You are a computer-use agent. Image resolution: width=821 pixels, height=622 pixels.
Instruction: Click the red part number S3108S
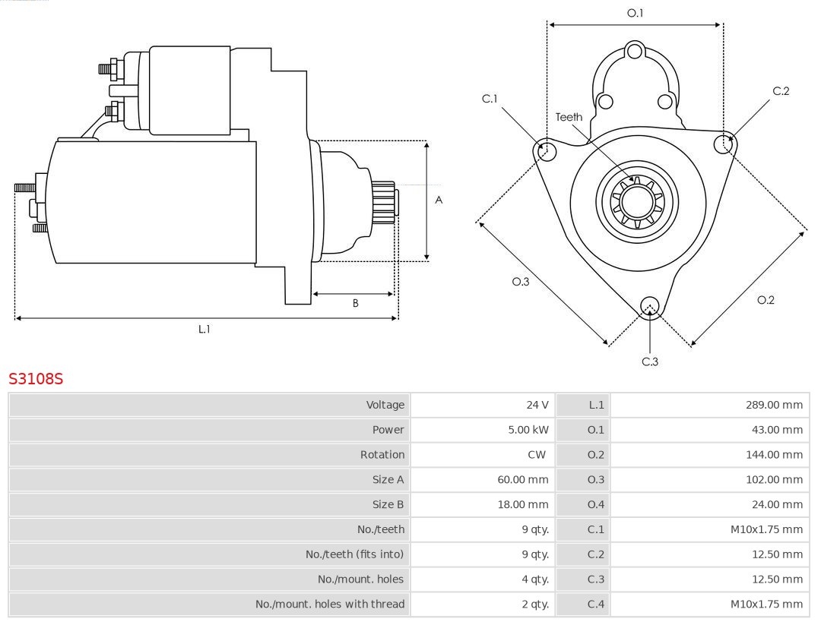click(36, 378)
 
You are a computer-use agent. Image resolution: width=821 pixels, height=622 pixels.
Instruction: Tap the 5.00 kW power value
click(528, 430)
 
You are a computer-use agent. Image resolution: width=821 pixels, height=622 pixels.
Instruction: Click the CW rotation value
click(537, 455)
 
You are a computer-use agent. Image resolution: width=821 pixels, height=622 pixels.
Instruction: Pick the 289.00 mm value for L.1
click(774, 405)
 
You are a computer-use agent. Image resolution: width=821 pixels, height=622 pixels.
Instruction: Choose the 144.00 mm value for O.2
click(774, 455)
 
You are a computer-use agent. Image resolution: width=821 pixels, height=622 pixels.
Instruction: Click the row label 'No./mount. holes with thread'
click(330, 605)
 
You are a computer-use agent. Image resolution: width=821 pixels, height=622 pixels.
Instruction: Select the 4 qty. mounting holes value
click(534, 579)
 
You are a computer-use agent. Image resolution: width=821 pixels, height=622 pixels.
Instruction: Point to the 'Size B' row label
click(388, 504)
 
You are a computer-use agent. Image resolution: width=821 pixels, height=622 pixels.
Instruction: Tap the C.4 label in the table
click(596, 605)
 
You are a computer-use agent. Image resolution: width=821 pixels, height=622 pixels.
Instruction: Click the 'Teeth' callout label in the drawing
click(569, 117)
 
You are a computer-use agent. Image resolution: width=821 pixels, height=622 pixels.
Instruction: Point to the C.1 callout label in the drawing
click(490, 99)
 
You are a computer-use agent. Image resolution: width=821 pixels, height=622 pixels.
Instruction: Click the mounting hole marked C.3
click(649, 306)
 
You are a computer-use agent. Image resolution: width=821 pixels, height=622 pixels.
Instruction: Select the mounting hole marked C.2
click(724, 144)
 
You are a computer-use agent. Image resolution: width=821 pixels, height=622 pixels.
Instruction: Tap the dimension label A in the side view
click(439, 200)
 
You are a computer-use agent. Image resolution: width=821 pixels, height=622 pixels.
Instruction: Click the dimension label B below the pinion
click(355, 303)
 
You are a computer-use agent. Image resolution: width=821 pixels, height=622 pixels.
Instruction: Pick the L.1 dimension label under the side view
click(204, 329)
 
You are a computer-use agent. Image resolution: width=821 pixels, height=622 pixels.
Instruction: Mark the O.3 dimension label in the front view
click(520, 282)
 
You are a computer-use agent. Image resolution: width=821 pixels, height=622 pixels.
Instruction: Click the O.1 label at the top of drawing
click(635, 13)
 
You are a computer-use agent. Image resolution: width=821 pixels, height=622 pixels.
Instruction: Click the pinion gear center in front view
click(637, 201)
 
